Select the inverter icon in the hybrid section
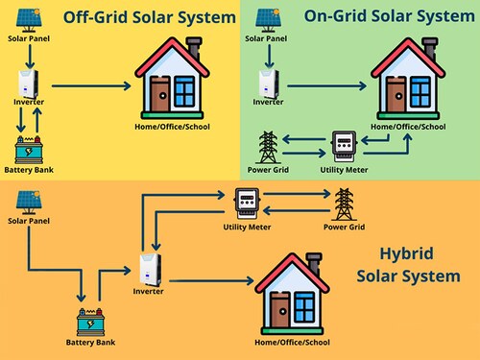click(147, 268)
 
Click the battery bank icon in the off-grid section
click(26, 150)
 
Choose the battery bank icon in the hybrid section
click(92, 321)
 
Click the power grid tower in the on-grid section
click(270, 147)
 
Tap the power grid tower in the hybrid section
click(344, 204)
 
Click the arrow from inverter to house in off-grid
click(91, 86)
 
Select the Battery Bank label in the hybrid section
click(92, 343)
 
